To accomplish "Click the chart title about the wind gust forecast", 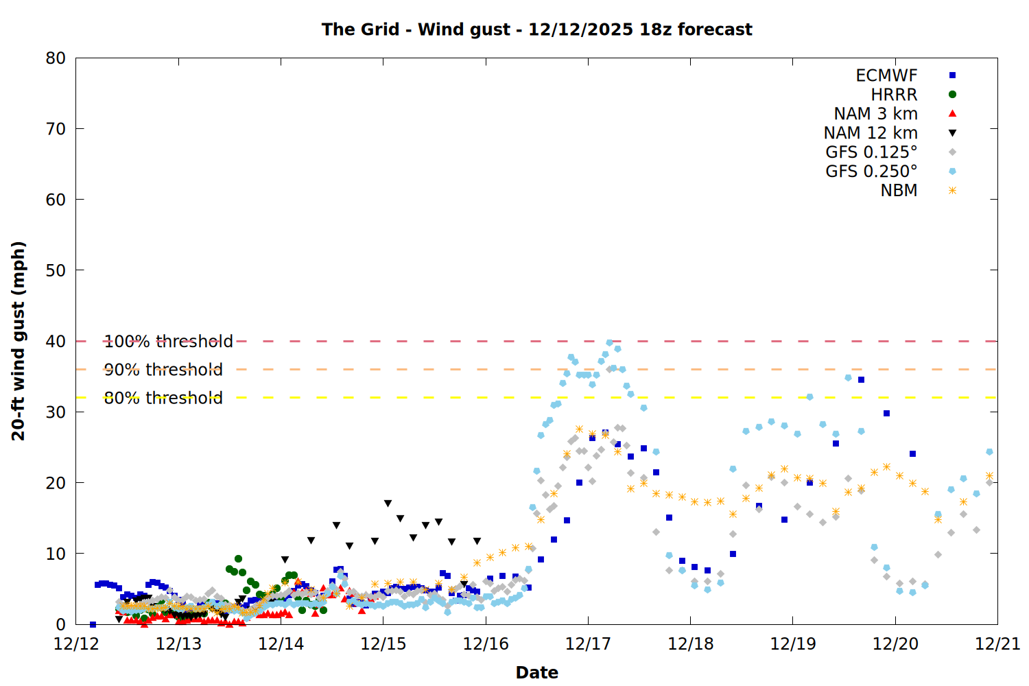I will pos(536,29).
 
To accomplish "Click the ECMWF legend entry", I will pos(886,75).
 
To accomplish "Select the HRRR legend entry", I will pos(894,95).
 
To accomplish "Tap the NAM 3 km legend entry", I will pos(875,114).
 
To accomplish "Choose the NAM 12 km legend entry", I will pos(871,133).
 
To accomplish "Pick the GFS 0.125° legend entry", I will pos(871,152).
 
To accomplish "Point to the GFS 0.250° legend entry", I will pos(871,171).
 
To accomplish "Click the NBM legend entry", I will pos(899,191).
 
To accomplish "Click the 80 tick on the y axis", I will pos(56,58).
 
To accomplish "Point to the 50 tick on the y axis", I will pos(56,270).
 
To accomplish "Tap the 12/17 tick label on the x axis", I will pos(588,644).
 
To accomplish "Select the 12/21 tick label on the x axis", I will pos(997,644).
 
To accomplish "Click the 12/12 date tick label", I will pos(76,644).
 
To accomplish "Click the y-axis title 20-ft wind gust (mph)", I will pos(19,341).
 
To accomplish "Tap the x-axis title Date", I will pos(536,672).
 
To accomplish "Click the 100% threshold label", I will pos(168,342).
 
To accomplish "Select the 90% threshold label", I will pos(163,370).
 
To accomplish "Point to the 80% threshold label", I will pos(163,398).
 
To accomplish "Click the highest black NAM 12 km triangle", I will pos(388,504).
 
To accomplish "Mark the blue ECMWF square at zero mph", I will pos(93,624).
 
